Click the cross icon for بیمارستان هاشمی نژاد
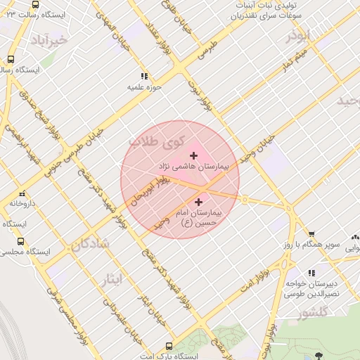point(194,155)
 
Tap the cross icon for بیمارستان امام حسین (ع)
point(199,202)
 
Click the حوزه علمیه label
point(144,87)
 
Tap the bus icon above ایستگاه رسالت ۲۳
point(37,3)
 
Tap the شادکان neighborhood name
point(89,245)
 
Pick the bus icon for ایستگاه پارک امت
point(169,346)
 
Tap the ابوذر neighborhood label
point(297,36)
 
